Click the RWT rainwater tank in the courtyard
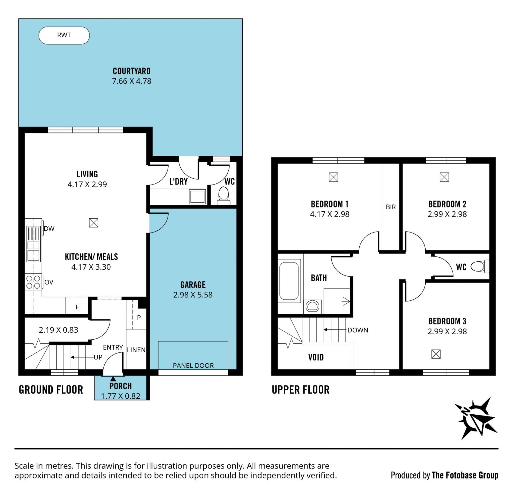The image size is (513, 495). click(x=64, y=35)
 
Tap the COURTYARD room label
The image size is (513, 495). click(x=132, y=71)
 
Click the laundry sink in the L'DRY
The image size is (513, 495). click(x=197, y=197)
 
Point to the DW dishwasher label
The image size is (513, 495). click(x=49, y=229)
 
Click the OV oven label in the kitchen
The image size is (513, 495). click(x=49, y=282)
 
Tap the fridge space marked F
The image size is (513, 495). click(x=77, y=307)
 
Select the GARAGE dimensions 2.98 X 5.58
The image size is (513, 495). click(x=193, y=295)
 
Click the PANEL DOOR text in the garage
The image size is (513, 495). click(x=193, y=366)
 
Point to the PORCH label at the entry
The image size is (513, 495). click(x=121, y=386)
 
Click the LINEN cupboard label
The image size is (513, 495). click(x=136, y=350)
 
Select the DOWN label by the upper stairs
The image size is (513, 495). click(x=358, y=330)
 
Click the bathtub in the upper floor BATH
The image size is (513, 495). click(x=289, y=281)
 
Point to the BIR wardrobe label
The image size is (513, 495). click(x=391, y=207)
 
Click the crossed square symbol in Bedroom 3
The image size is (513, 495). click(x=436, y=354)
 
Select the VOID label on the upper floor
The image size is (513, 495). click(x=316, y=357)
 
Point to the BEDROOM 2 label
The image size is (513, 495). click(x=447, y=204)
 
